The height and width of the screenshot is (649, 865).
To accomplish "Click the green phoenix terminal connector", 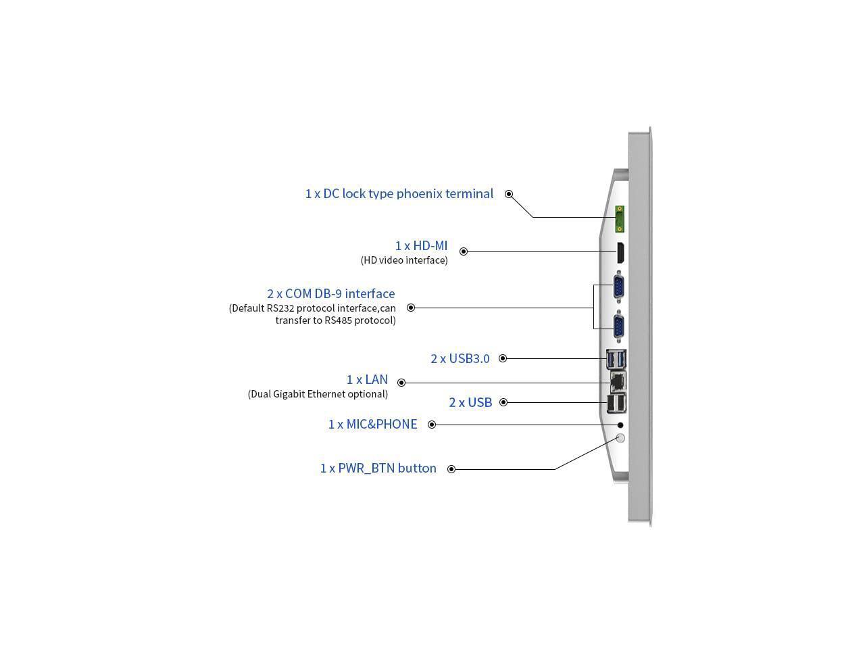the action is coord(619,219).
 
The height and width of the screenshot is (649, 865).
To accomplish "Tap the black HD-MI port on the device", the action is coord(619,252).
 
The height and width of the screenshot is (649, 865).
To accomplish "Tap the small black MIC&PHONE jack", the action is coord(621,425).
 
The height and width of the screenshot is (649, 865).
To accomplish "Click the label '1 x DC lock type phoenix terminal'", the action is coord(399,194).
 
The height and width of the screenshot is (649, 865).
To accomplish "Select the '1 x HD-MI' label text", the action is coord(421,246).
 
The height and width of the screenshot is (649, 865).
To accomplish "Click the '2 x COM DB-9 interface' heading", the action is coord(330,294).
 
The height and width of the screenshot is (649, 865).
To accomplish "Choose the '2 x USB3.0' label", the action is coord(460,359).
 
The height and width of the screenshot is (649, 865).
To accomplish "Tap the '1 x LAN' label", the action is coord(367,380).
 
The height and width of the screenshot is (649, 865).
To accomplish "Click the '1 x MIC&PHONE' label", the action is coord(372,425).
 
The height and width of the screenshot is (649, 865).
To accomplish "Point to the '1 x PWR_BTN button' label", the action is coord(378,468).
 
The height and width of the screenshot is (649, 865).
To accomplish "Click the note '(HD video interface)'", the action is coord(404,260).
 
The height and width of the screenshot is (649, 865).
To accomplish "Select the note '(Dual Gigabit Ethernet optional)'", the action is coord(318,394).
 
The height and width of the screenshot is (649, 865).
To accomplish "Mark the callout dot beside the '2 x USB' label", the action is coord(503,402).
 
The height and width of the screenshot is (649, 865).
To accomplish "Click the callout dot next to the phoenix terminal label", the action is coord(509,194).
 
